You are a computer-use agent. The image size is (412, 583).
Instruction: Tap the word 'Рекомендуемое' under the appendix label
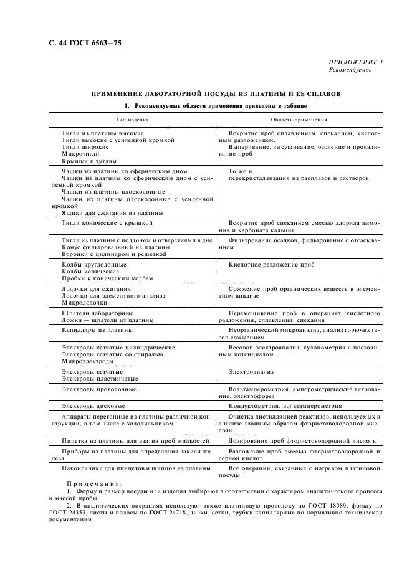click(x=350, y=70)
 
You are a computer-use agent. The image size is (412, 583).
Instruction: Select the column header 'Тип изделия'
click(x=132, y=120)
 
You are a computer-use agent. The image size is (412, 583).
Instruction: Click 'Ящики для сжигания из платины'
click(x=103, y=212)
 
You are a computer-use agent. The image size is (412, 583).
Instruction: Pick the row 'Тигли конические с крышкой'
click(x=107, y=223)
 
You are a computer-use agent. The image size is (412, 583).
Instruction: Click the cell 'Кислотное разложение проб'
click(x=271, y=265)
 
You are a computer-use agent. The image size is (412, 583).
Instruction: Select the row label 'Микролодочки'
click(x=85, y=302)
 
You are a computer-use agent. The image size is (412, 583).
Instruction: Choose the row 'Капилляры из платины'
click(x=97, y=329)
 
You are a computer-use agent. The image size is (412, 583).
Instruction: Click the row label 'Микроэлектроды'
click(x=88, y=361)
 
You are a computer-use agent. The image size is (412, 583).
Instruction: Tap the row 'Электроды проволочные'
click(x=99, y=389)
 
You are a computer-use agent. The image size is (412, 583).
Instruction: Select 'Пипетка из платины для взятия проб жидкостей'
click(x=135, y=440)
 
